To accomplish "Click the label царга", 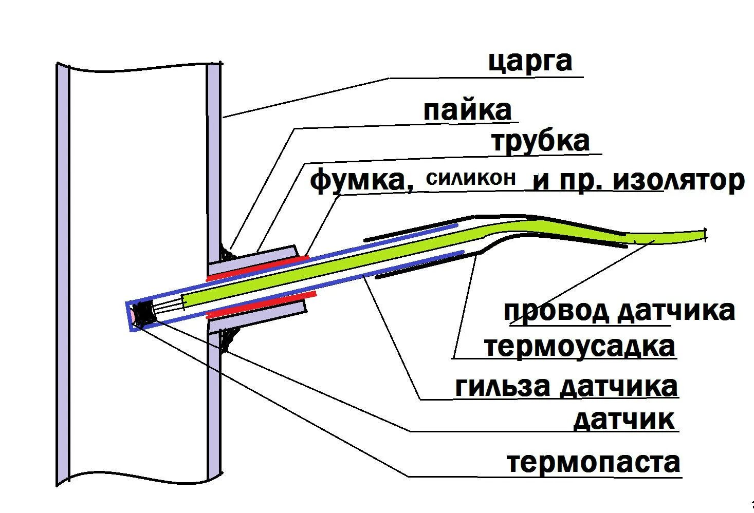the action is coord(530,62).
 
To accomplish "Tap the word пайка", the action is coord(468,110).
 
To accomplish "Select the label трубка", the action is coord(540,141).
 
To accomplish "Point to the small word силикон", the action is coord(471,178).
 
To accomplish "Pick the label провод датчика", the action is coord(619,311).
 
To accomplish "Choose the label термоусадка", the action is coord(580,347).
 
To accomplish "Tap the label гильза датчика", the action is coord(566,386).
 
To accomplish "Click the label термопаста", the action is coord(594,462).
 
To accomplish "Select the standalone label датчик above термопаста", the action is coord(623,420).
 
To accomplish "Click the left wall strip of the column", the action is coord(62,272).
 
